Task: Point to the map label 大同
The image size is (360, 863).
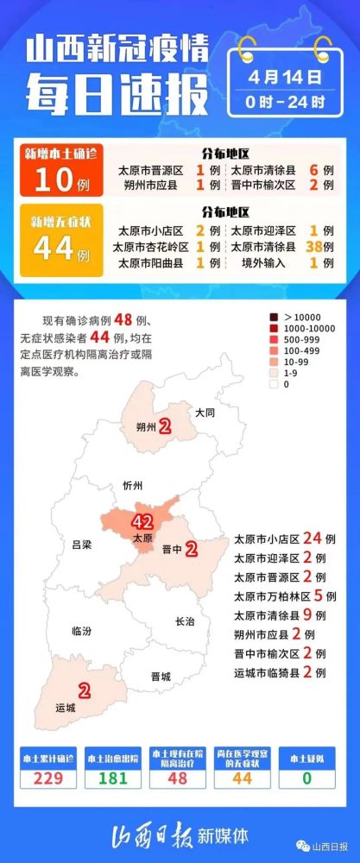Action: pyautogui.click(x=205, y=413)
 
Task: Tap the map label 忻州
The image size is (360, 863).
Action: pyautogui.click(x=132, y=485)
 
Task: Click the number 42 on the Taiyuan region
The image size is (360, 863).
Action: pyautogui.click(x=142, y=521)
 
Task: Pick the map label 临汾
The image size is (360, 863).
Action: pyautogui.click(x=82, y=631)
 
